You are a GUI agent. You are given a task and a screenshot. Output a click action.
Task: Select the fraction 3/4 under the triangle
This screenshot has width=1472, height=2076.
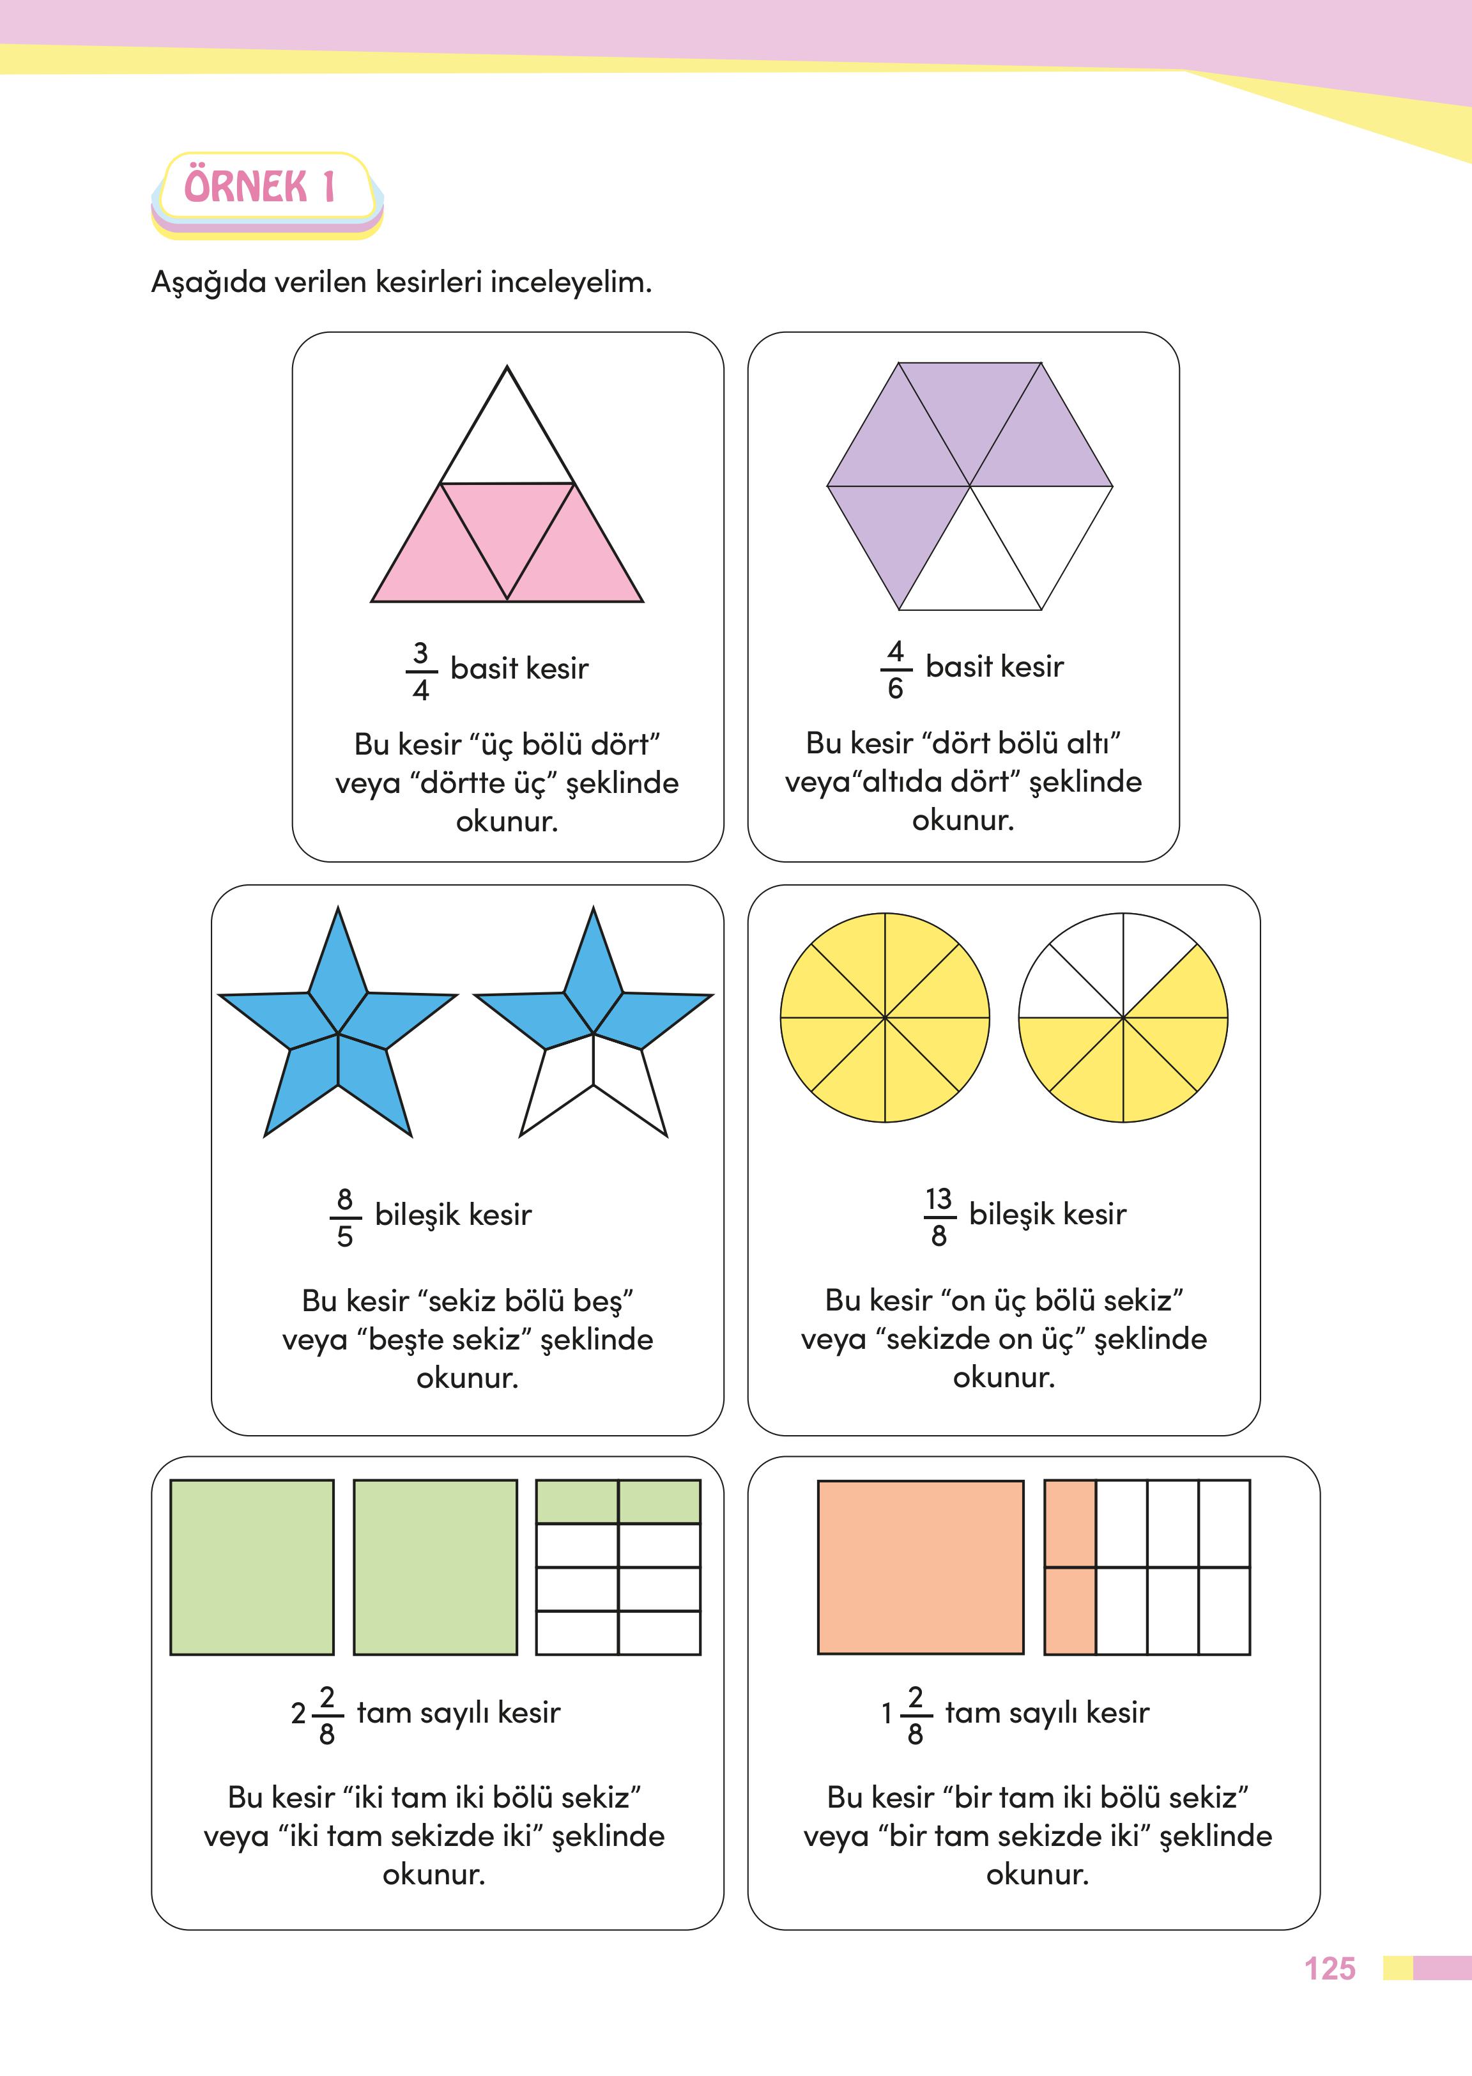click(420, 671)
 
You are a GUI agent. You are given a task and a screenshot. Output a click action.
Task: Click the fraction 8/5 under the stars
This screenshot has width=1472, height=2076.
click(344, 1217)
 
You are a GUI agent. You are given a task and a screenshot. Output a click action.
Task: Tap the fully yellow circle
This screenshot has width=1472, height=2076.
click(885, 1017)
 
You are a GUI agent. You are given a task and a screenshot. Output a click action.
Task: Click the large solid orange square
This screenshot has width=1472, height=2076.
click(920, 1567)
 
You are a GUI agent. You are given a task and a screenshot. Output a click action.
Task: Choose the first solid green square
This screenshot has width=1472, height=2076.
click(252, 1567)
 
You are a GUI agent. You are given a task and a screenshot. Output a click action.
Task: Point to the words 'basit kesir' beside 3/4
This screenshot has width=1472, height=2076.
click(519, 669)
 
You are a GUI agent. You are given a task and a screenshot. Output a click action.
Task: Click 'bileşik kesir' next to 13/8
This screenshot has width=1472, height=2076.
click(1047, 1214)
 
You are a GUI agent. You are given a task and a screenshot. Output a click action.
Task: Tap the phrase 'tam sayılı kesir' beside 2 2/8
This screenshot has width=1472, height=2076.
click(459, 1712)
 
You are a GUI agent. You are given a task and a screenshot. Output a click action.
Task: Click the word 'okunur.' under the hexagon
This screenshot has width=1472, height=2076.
click(963, 820)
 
